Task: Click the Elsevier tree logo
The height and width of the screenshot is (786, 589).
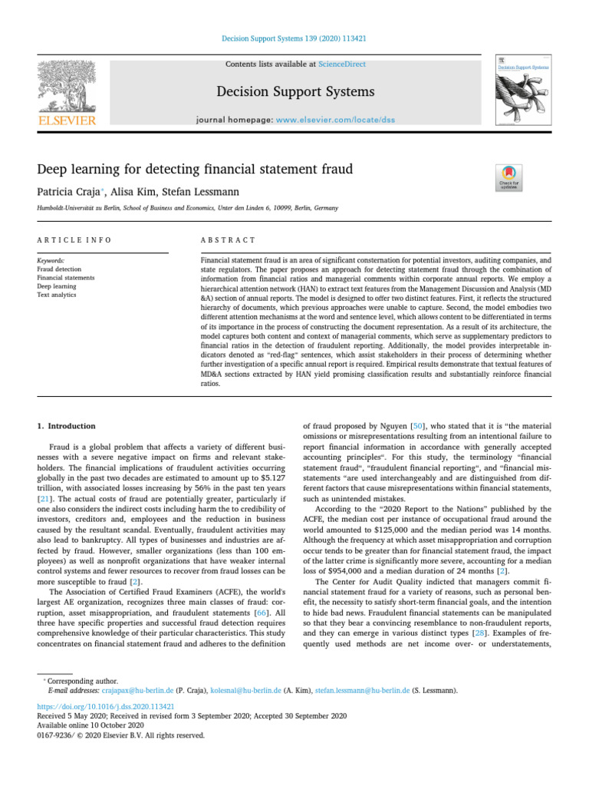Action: [x=67, y=87]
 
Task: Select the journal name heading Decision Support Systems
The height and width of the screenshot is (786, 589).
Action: [x=295, y=92]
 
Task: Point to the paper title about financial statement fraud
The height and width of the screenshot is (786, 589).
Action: [x=195, y=168]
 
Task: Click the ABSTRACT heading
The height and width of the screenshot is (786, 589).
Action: [x=228, y=240]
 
